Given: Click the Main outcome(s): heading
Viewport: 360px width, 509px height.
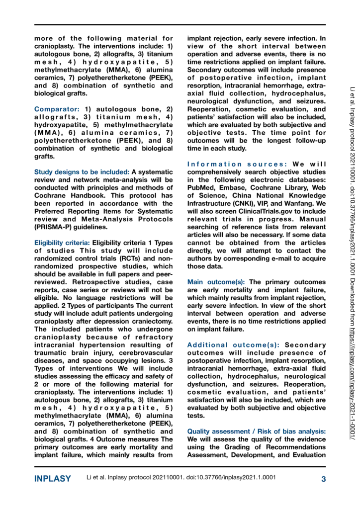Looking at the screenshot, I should click(216, 281).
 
